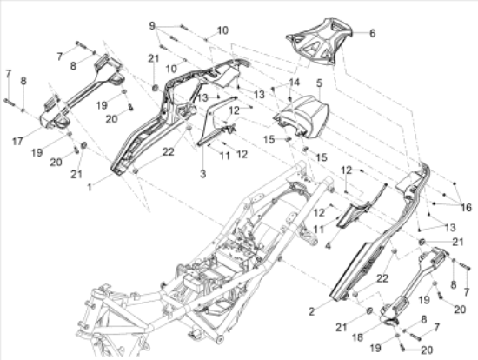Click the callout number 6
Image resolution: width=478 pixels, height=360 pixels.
pyautogui.click(x=372, y=33)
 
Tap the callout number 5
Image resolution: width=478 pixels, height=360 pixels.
pyautogui.click(x=319, y=83)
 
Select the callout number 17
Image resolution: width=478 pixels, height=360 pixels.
pyautogui.click(x=17, y=141)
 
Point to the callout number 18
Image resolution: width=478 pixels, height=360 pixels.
pyautogui.click(x=357, y=337)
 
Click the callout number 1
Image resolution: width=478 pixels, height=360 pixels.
pyautogui.click(x=90, y=187)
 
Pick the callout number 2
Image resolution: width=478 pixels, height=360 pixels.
pyautogui.click(x=311, y=311)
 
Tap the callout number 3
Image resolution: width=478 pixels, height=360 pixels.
pyautogui.click(x=203, y=174)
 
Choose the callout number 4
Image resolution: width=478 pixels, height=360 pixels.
pyautogui.click(x=328, y=245)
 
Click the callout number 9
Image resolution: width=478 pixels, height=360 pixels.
pyautogui.click(x=152, y=26)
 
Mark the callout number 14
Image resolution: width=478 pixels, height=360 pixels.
pyautogui.click(x=294, y=83)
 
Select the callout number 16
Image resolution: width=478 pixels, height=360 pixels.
pyautogui.click(x=466, y=208)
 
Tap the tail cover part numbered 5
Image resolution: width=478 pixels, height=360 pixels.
pyautogui.click(x=302, y=116)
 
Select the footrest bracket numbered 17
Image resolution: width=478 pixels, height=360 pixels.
pyautogui.click(x=82, y=91)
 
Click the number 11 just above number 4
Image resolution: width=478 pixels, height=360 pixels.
pyautogui.click(x=319, y=230)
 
